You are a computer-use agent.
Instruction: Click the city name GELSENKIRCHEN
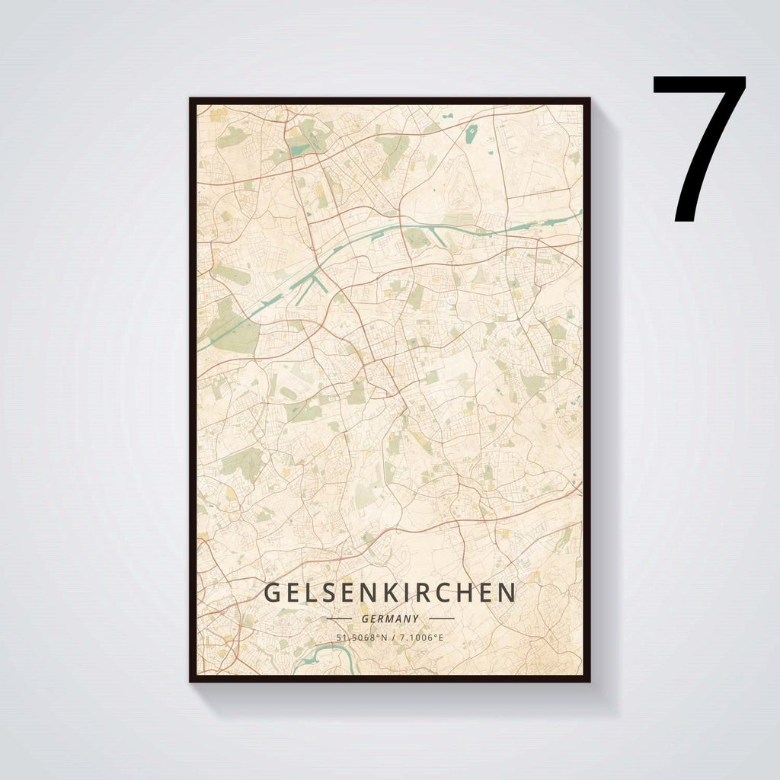pyautogui.click(x=390, y=593)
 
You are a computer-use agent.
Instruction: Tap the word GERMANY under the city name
pyautogui.click(x=390, y=619)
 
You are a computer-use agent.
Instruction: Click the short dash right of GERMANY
pyautogui.click(x=442, y=619)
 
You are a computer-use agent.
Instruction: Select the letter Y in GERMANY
pyautogui.click(x=417, y=619)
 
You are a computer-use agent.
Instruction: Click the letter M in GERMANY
pyautogui.click(x=390, y=619)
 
